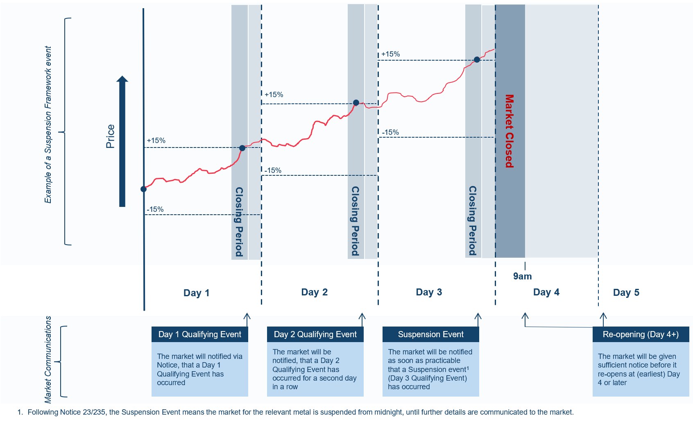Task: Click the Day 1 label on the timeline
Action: [x=196, y=293]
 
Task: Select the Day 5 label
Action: [x=626, y=293]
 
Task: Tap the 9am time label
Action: [x=522, y=276]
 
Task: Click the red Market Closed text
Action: [x=509, y=131]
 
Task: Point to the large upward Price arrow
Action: [x=122, y=141]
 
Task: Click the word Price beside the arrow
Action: [x=110, y=136]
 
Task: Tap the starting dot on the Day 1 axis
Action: [x=143, y=189]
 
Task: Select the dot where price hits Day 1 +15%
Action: [x=242, y=148]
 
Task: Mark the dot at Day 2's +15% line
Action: [x=356, y=103]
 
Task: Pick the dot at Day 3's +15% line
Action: [x=477, y=59]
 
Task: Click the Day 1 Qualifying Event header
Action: [x=199, y=334]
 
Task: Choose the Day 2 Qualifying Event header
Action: [x=315, y=334]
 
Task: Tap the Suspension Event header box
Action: [x=430, y=334]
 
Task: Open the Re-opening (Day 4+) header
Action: [x=641, y=334]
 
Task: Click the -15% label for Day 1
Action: [x=155, y=209]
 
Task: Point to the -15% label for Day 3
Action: [x=390, y=132]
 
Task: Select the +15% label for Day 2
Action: [x=274, y=95]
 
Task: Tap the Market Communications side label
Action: [x=48, y=360]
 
